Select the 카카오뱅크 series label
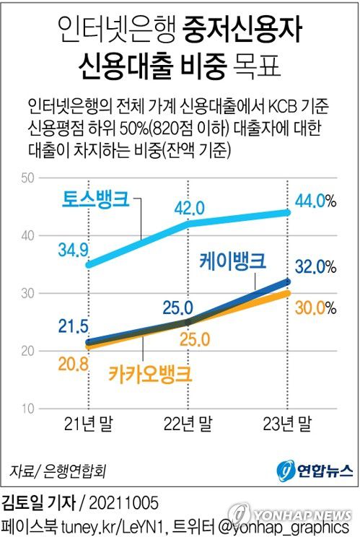pos(150,374)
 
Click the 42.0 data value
pos(190,208)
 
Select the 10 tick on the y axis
pos(27,409)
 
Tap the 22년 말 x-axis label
pos(189,423)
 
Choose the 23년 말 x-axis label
pos(288,423)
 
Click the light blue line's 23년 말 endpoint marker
pos(288,212)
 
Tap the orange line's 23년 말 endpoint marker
pos(288,293)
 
